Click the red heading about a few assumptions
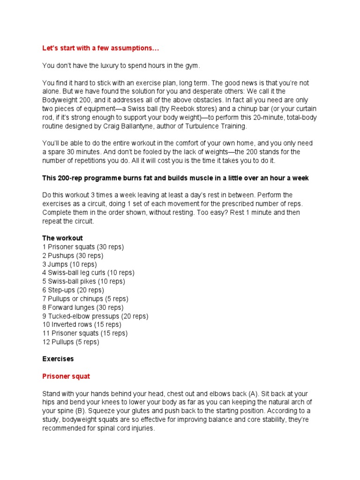pyautogui.click(x=102, y=48)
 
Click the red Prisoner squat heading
pyautogui.click(x=66, y=376)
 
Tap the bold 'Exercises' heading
pyautogui.click(x=58, y=359)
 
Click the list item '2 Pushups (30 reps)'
pyautogui.click(x=73, y=255)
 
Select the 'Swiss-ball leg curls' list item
pyautogui.click(x=88, y=273)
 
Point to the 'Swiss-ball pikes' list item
pyautogui.click(x=83, y=281)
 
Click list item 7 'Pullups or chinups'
pyautogui.click(x=85, y=299)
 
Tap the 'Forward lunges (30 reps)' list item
pyautogui.click(x=83, y=307)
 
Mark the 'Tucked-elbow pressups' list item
pyautogui.click(x=95, y=316)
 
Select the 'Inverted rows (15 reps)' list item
pyautogui.click(x=82, y=324)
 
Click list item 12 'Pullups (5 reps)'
pyautogui.click(x=71, y=342)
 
